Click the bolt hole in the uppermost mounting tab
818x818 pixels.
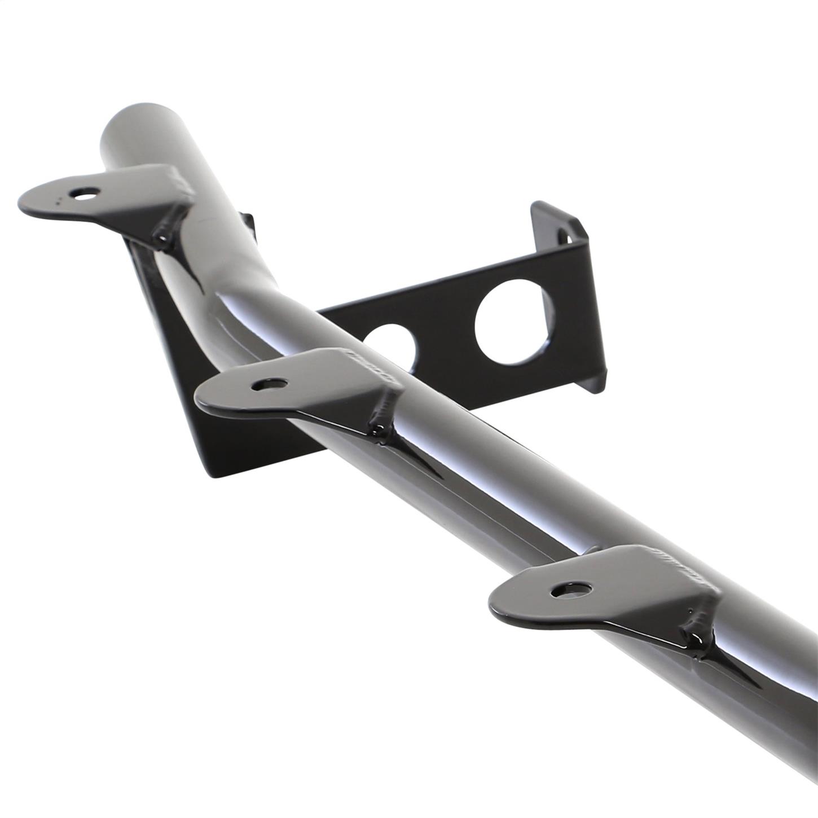84,193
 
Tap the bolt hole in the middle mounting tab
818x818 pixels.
269,385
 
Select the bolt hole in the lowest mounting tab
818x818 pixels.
571,590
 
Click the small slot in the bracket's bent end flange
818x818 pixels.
564,235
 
